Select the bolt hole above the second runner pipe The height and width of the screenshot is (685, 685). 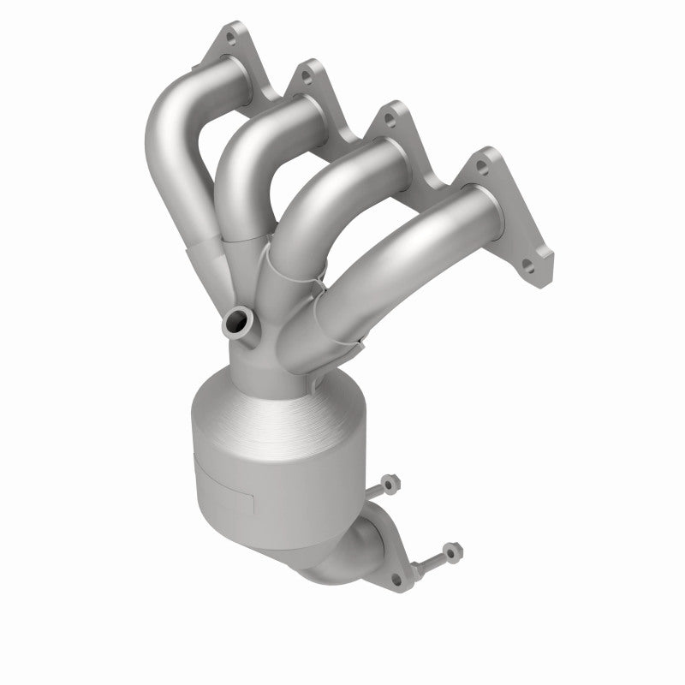point(303,79)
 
